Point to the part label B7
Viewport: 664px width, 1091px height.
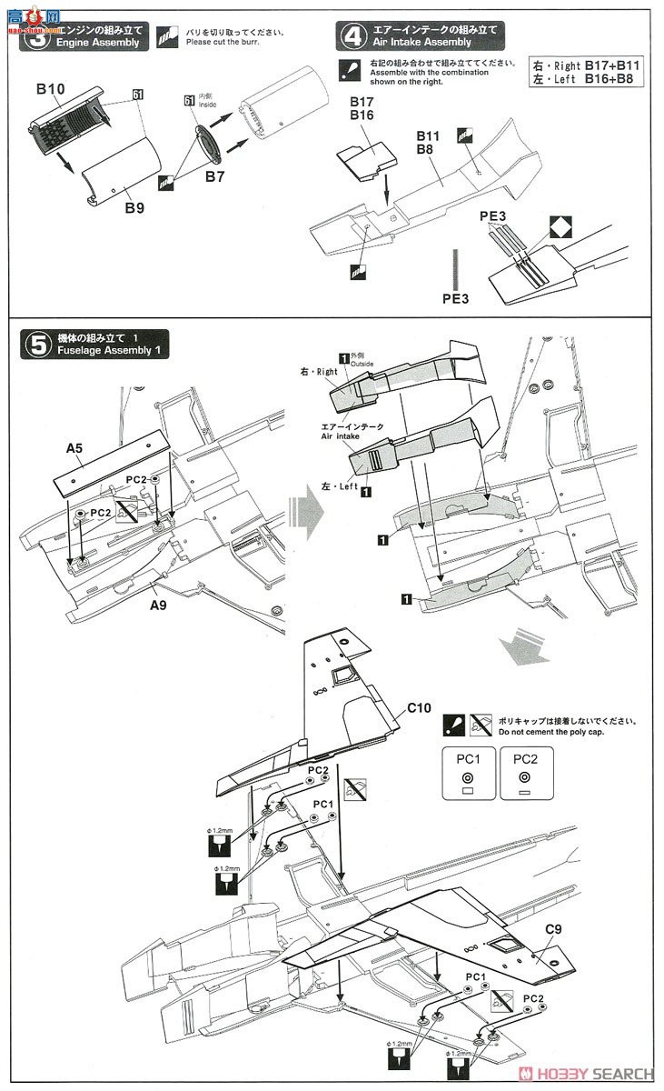click(214, 176)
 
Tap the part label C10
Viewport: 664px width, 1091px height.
click(419, 706)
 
